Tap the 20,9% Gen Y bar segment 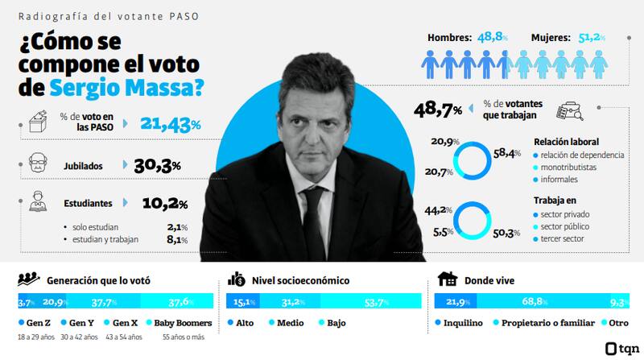click(56, 302)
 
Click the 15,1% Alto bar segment click(244, 302)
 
